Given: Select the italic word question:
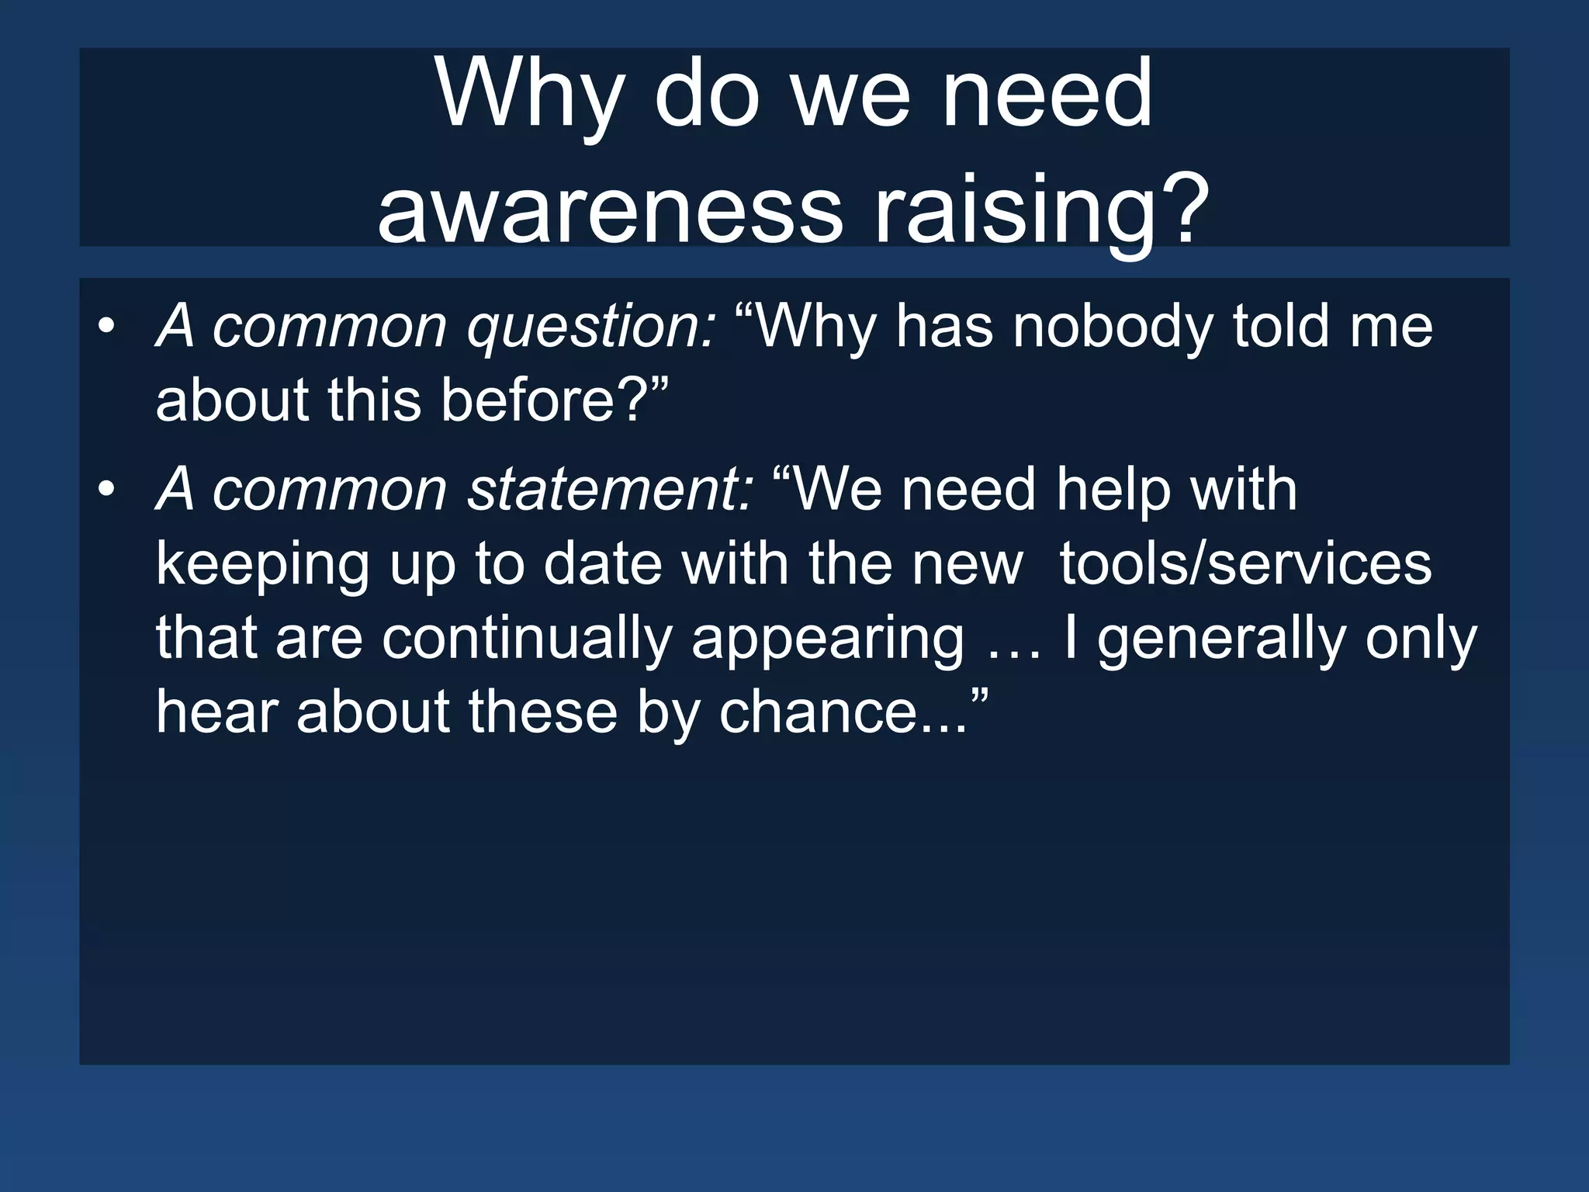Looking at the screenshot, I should tap(590, 327).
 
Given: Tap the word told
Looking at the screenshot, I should tap(1280, 327).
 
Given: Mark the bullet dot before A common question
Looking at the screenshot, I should tap(106, 327).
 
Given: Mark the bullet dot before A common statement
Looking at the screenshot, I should tap(106, 490).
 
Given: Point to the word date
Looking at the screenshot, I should tap(603, 565).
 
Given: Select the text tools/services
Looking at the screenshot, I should tap(1245, 565).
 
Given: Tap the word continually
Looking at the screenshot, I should tap(527, 639).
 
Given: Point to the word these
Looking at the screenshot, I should tap(542, 712).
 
